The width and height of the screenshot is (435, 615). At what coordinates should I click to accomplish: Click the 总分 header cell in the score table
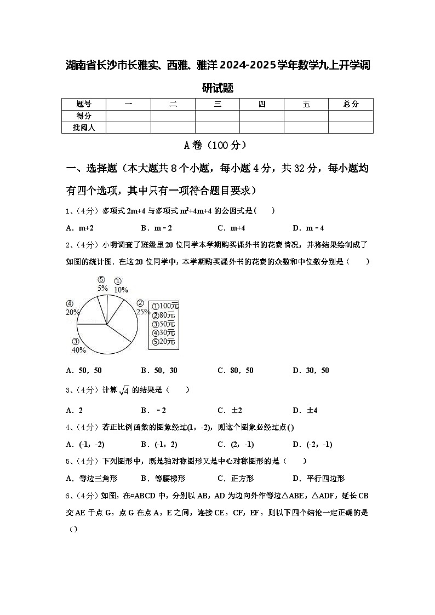pyautogui.click(x=351, y=104)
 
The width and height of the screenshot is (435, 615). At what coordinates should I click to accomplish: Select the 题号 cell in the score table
pyautogui.click(x=83, y=104)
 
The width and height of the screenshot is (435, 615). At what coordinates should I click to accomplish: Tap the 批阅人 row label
pyautogui.click(x=83, y=127)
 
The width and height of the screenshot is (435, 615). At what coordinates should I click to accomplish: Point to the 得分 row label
pyautogui.click(x=83, y=116)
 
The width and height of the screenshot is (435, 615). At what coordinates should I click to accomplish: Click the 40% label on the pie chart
pyautogui.click(x=79, y=350)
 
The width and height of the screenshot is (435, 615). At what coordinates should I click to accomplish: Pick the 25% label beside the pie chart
pyautogui.click(x=143, y=312)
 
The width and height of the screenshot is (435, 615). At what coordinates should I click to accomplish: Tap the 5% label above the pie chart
pyautogui.click(x=102, y=288)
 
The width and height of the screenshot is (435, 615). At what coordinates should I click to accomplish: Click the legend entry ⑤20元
pyautogui.click(x=163, y=342)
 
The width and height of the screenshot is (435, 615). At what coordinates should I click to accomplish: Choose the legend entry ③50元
pyautogui.click(x=163, y=324)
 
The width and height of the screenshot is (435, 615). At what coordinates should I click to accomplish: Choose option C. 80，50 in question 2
pyautogui.click(x=236, y=370)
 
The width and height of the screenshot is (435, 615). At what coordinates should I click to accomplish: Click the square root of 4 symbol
pyautogui.click(x=124, y=390)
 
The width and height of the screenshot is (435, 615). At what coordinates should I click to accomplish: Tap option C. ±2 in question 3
pyautogui.click(x=230, y=410)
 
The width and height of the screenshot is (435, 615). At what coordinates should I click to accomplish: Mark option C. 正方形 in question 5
pyautogui.click(x=236, y=478)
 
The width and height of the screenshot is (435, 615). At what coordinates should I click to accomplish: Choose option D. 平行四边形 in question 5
pyautogui.click(x=318, y=478)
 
